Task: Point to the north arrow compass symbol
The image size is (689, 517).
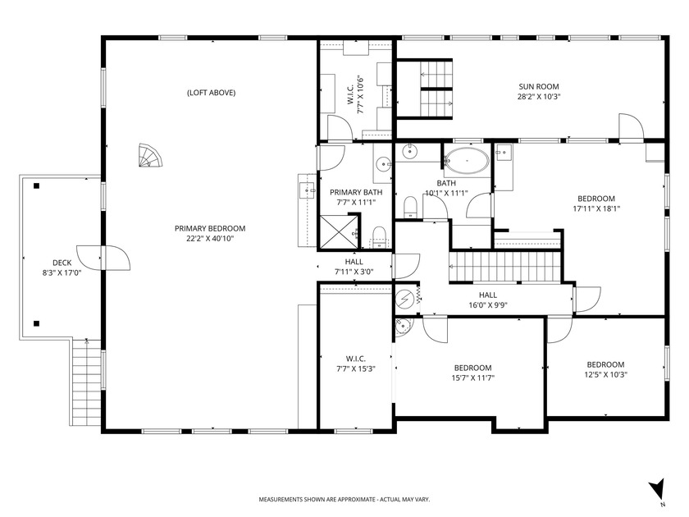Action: (655, 489)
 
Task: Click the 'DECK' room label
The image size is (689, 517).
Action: (62, 263)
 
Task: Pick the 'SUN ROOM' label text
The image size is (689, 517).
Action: (537, 86)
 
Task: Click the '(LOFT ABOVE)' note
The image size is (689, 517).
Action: (211, 93)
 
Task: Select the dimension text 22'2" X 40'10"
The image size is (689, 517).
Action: (209, 239)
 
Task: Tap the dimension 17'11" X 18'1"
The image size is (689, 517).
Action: (595, 208)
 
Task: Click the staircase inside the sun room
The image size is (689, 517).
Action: (436, 88)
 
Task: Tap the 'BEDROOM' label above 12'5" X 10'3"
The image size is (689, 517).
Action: (605, 364)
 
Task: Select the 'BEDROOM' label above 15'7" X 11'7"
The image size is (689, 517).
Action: (473, 368)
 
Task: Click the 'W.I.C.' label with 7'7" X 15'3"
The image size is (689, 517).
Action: (355, 359)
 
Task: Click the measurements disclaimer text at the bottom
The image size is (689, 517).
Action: (344, 499)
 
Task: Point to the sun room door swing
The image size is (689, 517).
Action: (630, 126)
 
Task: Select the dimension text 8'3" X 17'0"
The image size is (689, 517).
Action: (62, 273)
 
